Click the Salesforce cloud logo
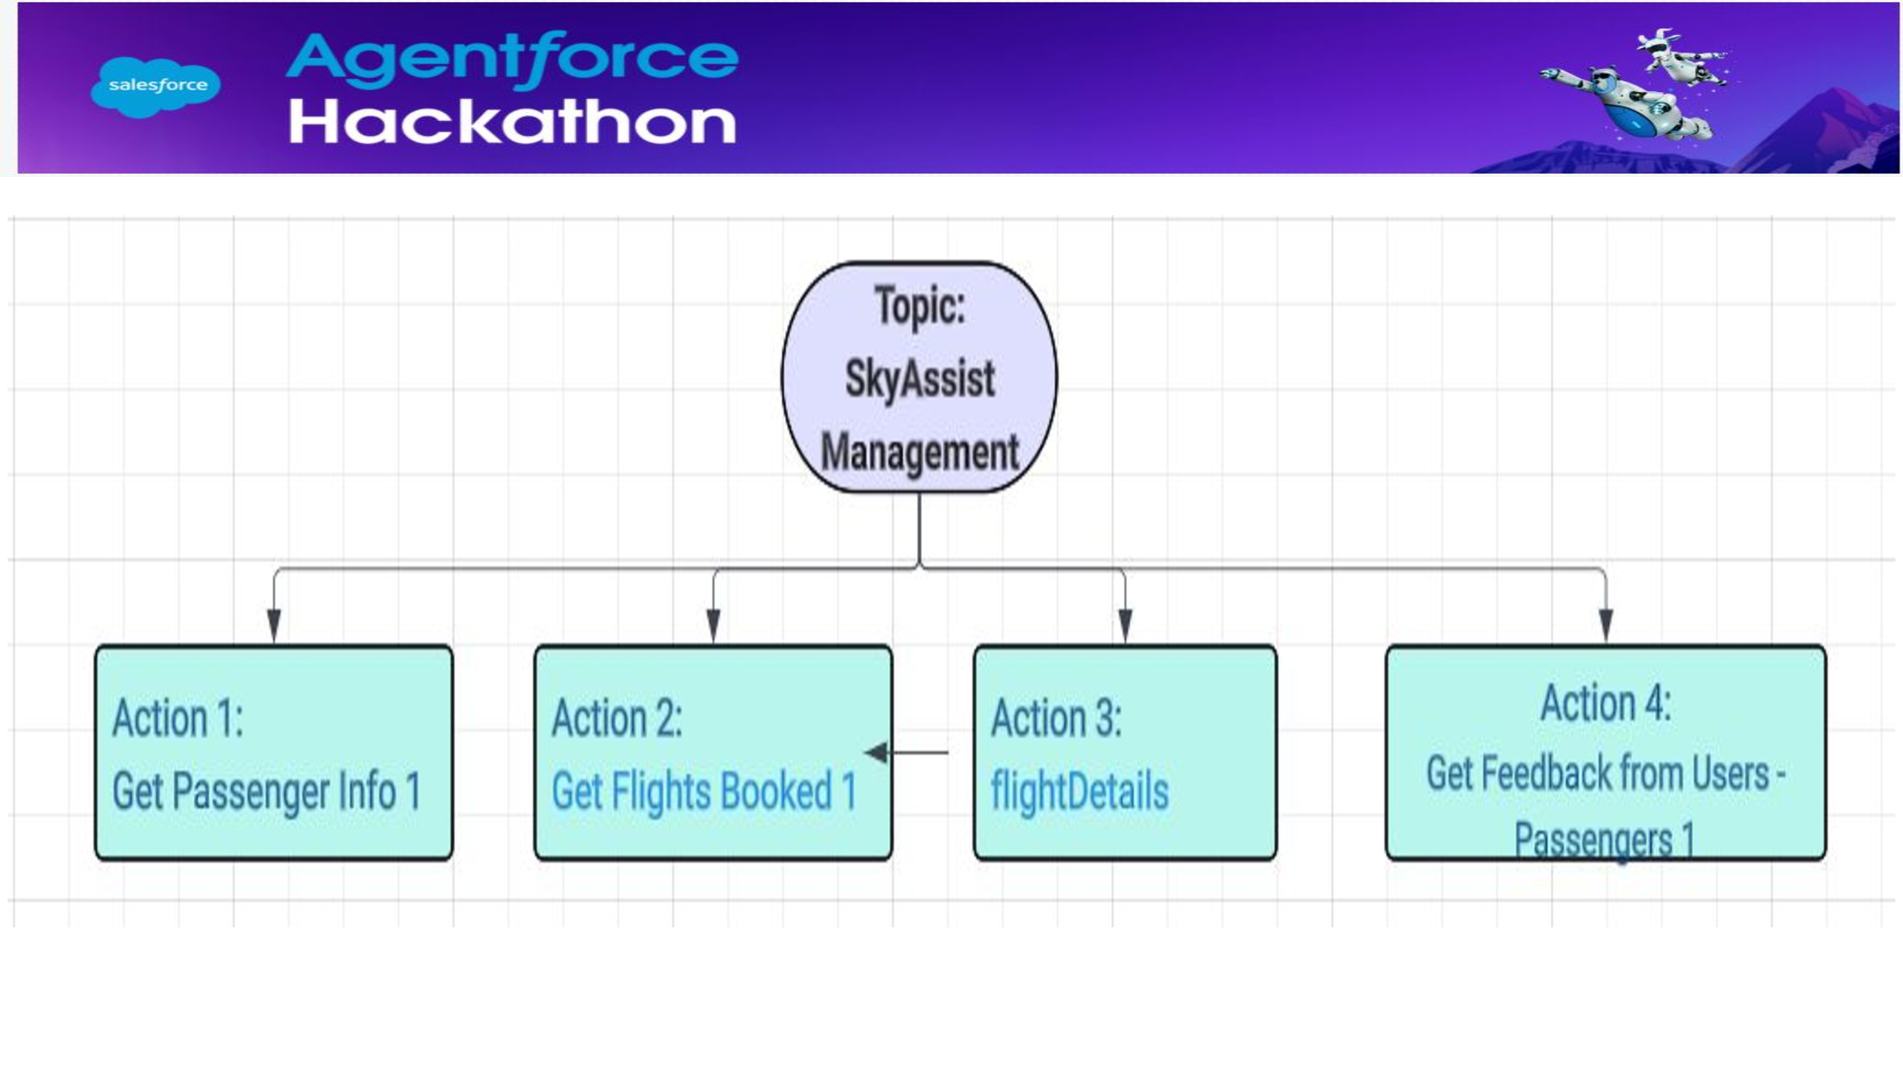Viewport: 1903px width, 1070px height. [156, 86]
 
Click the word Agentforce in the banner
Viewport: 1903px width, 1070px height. [512, 57]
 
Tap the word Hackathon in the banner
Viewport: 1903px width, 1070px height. [512, 122]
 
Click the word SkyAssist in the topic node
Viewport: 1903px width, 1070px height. [919, 379]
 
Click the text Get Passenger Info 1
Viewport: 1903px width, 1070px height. [266, 791]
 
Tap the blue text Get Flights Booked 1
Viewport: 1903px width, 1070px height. [704, 791]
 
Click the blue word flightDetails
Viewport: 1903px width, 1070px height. [1079, 791]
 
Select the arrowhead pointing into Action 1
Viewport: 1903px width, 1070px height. [274, 625]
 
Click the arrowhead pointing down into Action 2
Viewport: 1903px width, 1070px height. [714, 625]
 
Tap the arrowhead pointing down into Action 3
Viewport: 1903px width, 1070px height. [1125, 625]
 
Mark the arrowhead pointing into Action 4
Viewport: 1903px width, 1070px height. [1606, 625]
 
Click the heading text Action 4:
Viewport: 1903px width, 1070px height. [1606, 704]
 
